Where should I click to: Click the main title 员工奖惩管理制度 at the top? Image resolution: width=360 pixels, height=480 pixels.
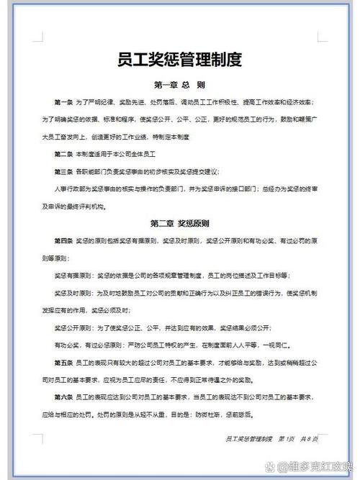[180, 58]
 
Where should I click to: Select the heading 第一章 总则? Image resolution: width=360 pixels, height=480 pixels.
[180, 84]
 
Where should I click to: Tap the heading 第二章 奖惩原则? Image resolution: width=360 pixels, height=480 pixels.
[180, 222]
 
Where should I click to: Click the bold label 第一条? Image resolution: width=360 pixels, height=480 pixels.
[63, 103]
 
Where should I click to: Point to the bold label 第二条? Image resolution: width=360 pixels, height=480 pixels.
[63, 154]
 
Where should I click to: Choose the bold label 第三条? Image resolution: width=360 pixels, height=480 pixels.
[63, 171]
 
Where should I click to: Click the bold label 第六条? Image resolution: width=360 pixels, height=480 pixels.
[63, 397]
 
